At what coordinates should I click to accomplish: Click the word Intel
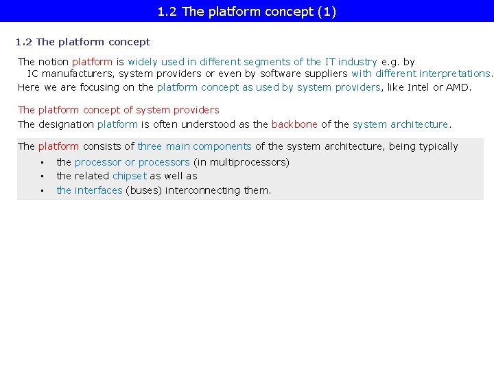click(419, 87)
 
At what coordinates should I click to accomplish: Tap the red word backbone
click(294, 124)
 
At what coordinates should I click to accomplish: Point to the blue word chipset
click(130, 176)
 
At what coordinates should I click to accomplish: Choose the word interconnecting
click(203, 190)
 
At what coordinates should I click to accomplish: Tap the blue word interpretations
click(455, 74)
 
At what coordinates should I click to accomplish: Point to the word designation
click(67, 124)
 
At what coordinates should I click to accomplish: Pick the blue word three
click(150, 146)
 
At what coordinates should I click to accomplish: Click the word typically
click(433, 146)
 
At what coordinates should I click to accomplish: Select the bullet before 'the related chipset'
click(42, 177)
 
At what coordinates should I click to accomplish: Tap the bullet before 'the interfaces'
click(42, 190)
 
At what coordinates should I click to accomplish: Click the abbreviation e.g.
click(390, 62)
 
